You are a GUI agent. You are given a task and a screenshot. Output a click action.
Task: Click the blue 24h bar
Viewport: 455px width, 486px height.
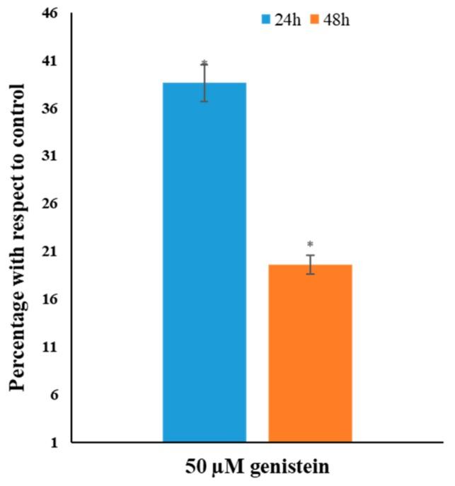205,262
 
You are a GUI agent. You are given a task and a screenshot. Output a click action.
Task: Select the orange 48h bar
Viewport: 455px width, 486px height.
310,353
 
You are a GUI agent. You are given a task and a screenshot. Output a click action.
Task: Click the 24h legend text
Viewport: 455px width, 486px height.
287,20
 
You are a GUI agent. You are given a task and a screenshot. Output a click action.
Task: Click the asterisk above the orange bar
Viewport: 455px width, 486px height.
310,245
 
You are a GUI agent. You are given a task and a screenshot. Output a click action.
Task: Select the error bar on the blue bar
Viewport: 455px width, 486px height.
205,82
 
